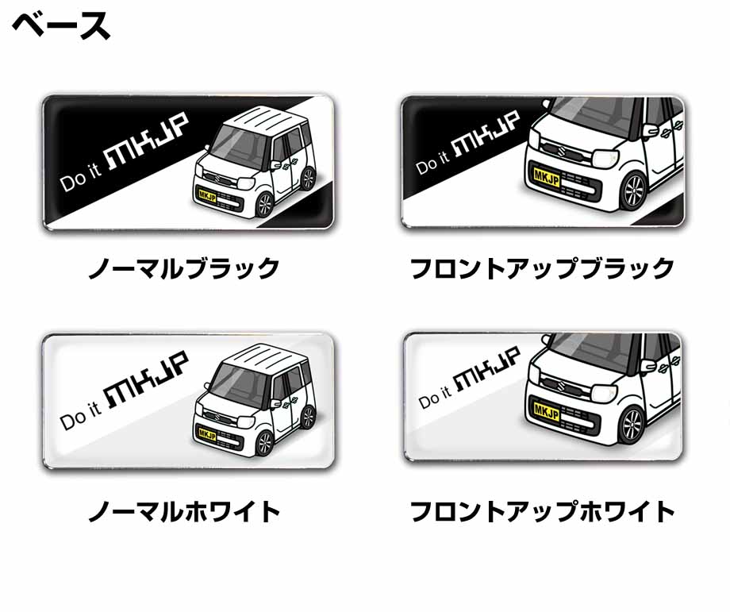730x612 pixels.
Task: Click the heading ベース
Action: pos(61,26)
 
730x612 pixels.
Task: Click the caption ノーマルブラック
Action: pos(184,269)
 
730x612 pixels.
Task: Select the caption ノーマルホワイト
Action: pos(184,511)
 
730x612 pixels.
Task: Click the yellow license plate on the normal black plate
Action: pos(207,195)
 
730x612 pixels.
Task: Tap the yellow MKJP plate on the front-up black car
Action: pos(547,178)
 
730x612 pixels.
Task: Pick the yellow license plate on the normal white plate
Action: pos(207,434)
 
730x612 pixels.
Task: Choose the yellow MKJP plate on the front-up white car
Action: pos(547,412)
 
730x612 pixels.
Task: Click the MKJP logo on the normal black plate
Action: pos(148,141)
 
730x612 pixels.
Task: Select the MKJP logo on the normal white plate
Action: pos(148,379)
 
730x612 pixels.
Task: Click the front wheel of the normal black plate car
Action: pos(264,205)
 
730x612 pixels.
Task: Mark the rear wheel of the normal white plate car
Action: pos(308,417)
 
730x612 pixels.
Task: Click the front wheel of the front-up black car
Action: pos(634,191)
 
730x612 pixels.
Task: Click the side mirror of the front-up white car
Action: pos(649,366)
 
